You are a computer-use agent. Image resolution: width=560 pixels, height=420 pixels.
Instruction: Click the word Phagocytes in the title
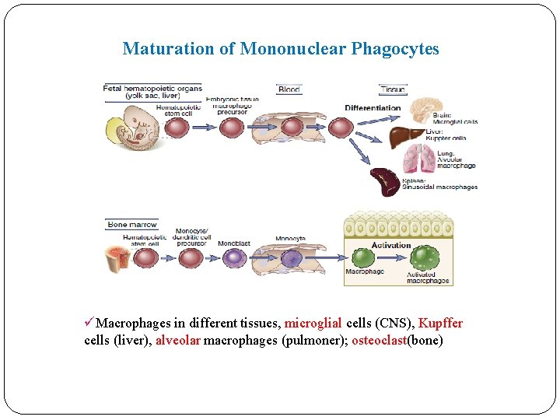click(395, 49)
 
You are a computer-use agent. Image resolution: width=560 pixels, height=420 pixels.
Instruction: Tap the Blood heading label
click(289, 89)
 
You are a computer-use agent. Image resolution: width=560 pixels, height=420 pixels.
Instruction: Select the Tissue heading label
click(393, 89)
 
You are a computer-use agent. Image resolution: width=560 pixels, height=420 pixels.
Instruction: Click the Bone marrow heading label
click(131, 225)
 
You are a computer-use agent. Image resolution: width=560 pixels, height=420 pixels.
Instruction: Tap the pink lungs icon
click(418, 159)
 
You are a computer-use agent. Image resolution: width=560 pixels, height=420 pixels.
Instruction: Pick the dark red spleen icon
click(385, 181)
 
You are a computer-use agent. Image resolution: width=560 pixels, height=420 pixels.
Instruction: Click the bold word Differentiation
click(373, 108)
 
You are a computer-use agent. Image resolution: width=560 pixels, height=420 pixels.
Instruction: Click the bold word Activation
click(391, 245)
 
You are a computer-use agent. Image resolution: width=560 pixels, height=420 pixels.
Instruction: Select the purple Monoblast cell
click(234, 257)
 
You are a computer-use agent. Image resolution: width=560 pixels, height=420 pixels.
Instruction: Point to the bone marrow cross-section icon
click(121, 257)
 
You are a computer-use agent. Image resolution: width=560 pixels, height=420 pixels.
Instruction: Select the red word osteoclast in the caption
click(380, 341)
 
